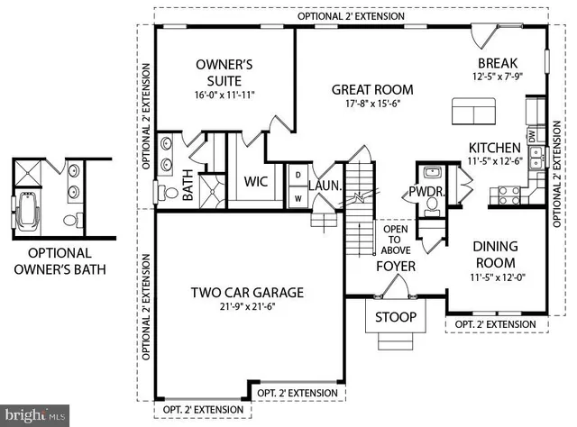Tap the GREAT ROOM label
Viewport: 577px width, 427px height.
(372, 89)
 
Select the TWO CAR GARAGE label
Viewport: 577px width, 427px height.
(246, 293)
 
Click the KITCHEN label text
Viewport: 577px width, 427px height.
(493, 148)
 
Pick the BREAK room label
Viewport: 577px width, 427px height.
(498, 63)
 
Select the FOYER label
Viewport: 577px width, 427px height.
(395, 266)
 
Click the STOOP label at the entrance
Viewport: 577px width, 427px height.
(395, 317)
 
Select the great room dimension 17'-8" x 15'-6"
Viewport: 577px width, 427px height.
(372, 104)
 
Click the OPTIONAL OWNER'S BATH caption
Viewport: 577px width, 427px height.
(60, 260)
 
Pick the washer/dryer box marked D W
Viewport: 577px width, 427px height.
(297, 185)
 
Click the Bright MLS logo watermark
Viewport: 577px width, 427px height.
(34, 415)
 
